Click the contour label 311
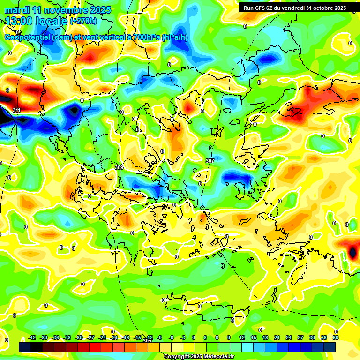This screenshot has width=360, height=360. tap(17, 110)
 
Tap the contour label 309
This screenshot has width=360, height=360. tap(119, 167)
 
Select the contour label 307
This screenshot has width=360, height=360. tap(210, 161)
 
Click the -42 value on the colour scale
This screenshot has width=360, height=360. tap(32, 337)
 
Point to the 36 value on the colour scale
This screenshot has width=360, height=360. tap(336, 337)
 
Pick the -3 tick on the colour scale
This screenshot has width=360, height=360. tap(183, 337)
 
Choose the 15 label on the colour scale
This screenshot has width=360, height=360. tap(254, 337)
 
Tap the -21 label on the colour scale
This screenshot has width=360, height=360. tap(114, 337)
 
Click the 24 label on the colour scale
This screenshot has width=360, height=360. tap(289, 337)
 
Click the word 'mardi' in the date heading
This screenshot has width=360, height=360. tap(17, 10)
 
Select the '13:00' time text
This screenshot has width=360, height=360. tap(20, 21)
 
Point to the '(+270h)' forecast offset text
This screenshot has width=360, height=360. tap(83, 21)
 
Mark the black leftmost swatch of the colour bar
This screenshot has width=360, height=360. tap(25, 347)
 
